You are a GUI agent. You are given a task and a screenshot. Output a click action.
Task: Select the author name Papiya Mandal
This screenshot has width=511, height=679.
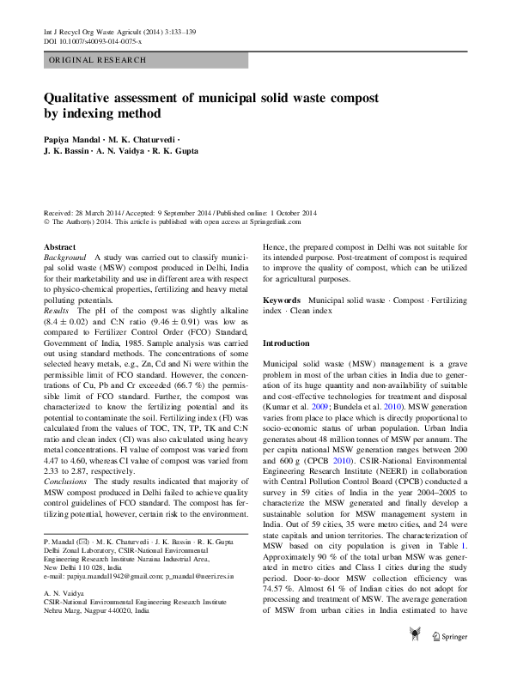[73, 137]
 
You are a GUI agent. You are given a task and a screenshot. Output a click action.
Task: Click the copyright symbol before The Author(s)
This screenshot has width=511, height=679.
[46, 222]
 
